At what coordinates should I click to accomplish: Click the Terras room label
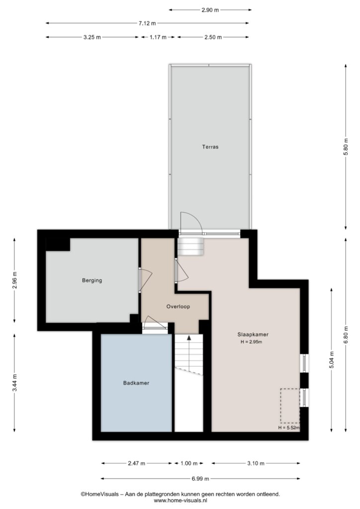click(x=210, y=147)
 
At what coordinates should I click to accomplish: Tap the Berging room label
click(x=92, y=280)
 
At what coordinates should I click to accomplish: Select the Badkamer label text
click(x=136, y=383)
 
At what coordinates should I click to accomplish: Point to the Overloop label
click(x=178, y=306)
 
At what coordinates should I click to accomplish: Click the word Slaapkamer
click(x=253, y=335)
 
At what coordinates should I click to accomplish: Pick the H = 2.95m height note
click(x=251, y=342)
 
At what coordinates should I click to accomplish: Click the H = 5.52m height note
click(x=288, y=427)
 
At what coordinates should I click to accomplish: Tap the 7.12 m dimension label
click(x=147, y=23)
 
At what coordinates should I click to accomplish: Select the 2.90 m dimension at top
click(x=210, y=10)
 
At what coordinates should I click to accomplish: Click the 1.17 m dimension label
click(x=158, y=37)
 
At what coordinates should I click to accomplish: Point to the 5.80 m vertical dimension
click(x=346, y=147)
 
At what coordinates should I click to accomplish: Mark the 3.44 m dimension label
click(x=14, y=383)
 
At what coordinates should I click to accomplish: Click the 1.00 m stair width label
click(x=189, y=463)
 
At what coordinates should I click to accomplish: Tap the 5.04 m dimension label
click(x=332, y=360)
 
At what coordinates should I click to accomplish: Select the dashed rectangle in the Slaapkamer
click(x=290, y=406)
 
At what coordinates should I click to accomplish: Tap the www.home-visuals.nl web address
click(x=180, y=501)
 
